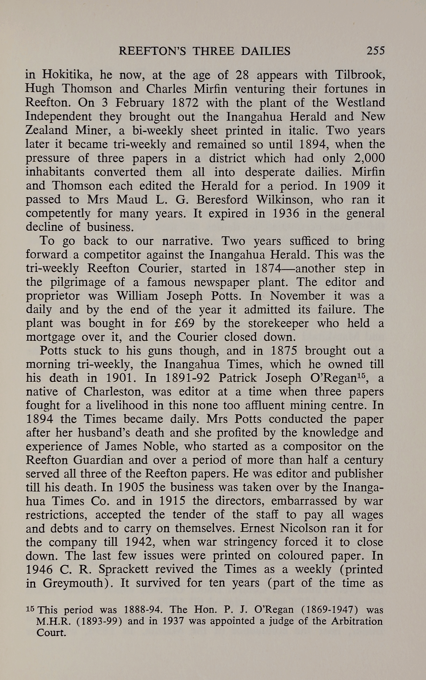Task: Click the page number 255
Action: [x=375, y=51]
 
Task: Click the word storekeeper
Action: [x=278, y=323]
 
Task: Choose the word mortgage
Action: [x=50, y=337]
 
